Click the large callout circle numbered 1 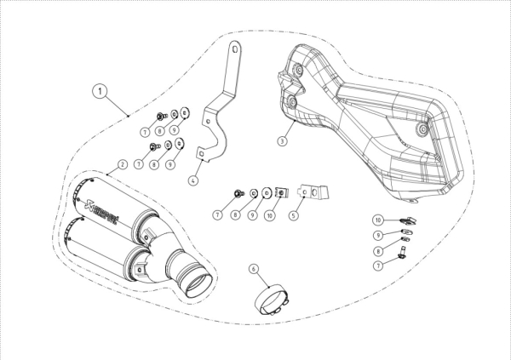[x=100, y=91]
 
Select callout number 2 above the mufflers [x=122, y=164]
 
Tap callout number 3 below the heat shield [x=282, y=141]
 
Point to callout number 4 [x=193, y=180]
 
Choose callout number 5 [x=294, y=215]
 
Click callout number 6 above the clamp [x=254, y=269]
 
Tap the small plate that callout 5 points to [x=313, y=191]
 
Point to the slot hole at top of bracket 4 [x=235, y=49]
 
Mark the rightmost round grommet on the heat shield [x=422, y=129]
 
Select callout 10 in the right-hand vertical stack [x=378, y=220]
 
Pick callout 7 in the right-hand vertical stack [x=378, y=266]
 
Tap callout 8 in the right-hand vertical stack [x=378, y=251]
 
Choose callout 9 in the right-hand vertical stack [x=378, y=235]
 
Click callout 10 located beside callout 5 [x=269, y=215]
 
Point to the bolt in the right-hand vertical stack [x=402, y=253]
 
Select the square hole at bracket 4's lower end [x=201, y=152]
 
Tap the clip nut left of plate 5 [x=282, y=193]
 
